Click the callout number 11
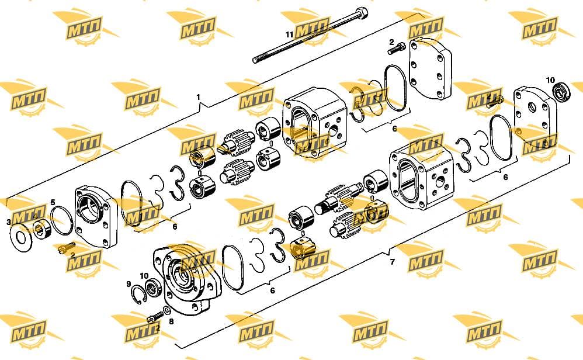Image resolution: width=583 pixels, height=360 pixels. tap(289, 34)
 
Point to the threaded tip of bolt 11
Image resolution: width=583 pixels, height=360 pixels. tap(256, 60)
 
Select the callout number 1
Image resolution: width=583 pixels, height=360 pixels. tap(198, 97)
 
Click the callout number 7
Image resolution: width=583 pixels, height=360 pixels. tap(393, 262)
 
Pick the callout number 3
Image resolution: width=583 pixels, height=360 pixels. tap(9, 223)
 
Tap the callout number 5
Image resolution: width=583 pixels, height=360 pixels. tap(53, 202)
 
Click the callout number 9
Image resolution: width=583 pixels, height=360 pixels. tap(129, 284)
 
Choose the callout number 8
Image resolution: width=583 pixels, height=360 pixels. tap(171, 321)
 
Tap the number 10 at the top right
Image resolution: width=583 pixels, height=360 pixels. tap(550, 80)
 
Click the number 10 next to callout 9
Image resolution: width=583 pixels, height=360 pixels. tap(144, 276)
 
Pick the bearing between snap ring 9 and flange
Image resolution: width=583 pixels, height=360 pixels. tap(153, 288)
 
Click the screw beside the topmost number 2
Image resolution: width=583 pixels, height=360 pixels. tap(395, 49)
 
